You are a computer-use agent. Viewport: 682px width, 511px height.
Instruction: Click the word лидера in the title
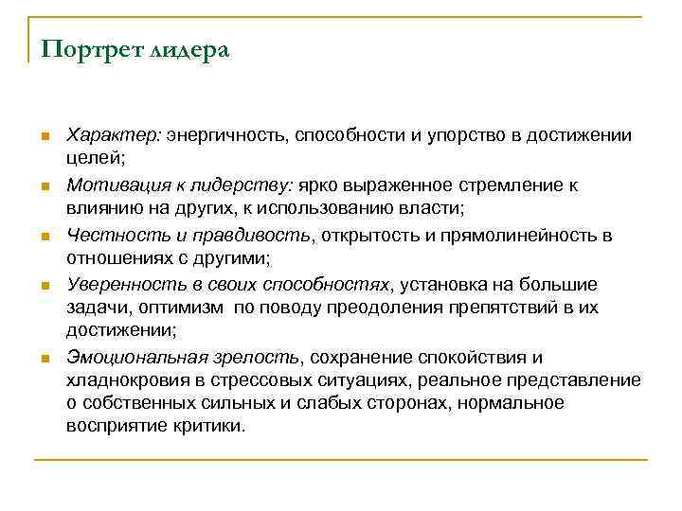click(x=188, y=48)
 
